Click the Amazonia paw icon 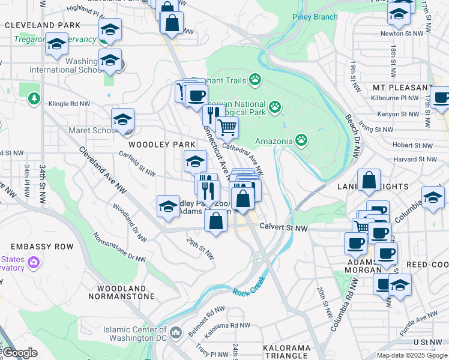(x=301, y=140)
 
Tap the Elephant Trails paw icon (x=256, y=79)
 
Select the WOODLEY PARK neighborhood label (x=160, y=145)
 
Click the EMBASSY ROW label (x=41, y=247)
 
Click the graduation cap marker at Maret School (x=122, y=119)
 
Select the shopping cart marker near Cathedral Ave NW (x=227, y=127)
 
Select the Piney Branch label (x=315, y=17)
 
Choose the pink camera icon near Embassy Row (x=34, y=263)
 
